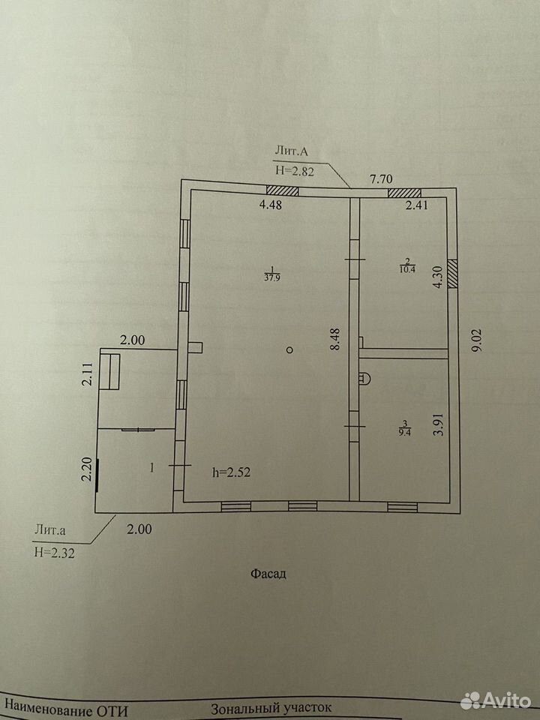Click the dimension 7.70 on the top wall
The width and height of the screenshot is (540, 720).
381,178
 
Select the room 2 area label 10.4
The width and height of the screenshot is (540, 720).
407,269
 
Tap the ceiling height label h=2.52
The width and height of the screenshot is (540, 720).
232,472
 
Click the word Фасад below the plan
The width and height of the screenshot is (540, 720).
268,574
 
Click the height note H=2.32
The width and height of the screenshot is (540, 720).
55,553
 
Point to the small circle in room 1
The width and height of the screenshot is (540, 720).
289,350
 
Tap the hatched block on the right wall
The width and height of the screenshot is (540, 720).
453,273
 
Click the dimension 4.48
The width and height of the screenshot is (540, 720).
271,205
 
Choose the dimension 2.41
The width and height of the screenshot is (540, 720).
416,205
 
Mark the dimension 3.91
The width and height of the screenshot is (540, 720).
439,423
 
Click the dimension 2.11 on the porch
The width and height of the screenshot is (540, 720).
88,376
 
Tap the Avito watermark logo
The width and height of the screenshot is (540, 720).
495,701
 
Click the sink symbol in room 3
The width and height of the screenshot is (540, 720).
365,378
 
